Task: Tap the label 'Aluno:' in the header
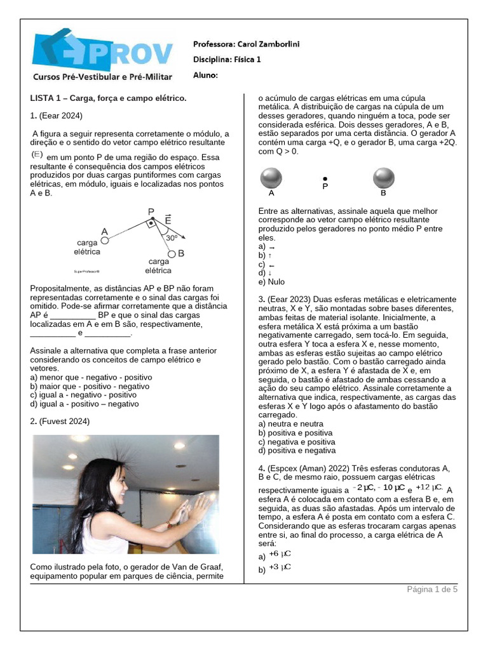pos(205,75)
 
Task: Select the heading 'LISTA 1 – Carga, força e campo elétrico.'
pos(108,98)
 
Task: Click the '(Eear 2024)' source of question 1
pos(60,116)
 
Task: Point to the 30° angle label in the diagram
pos(172,238)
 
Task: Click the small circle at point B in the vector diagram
pos(171,254)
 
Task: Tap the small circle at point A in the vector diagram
pos(105,241)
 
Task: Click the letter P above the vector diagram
pos(151,211)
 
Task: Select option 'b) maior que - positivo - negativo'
pos(90,386)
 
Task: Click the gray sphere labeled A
pos(271,178)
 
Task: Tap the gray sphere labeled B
pos(383,178)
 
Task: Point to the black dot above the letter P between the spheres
pos(325,178)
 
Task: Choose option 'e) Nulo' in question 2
pos(271,282)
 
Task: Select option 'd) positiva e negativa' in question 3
pos(297,451)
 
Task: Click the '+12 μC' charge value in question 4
pos(429,487)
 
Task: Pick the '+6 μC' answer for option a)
pos(280,554)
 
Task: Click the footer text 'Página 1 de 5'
pos(432,589)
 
